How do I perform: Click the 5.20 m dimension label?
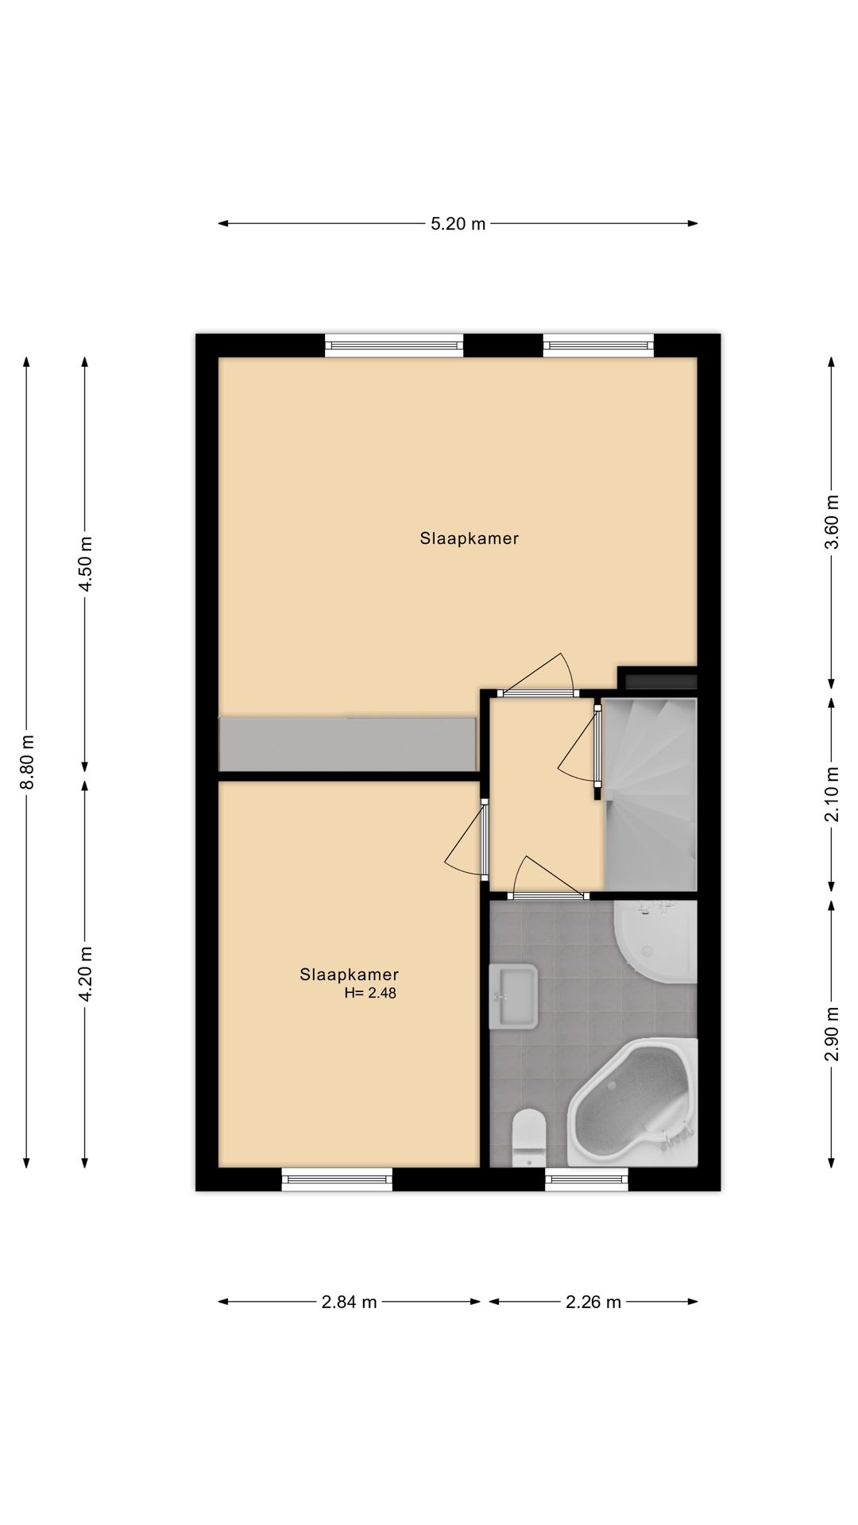coord(458,224)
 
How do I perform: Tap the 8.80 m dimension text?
coord(28,762)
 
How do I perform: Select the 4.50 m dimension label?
coord(86,564)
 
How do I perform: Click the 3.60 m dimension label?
coord(831,522)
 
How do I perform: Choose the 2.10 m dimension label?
coord(831,794)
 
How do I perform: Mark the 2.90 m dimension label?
coord(831,1033)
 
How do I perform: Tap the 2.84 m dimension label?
coord(349,1302)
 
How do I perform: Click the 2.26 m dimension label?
coord(593,1302)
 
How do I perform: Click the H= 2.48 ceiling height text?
coord(369,993)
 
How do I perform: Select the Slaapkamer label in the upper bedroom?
coord(469,539)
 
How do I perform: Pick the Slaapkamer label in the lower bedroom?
coord(349,975)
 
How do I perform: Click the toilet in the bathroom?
coord(528,1137)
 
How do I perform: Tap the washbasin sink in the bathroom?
coord(513,996)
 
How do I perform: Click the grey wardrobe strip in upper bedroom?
coord(347,743)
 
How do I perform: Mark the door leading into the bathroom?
coord(548,895)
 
